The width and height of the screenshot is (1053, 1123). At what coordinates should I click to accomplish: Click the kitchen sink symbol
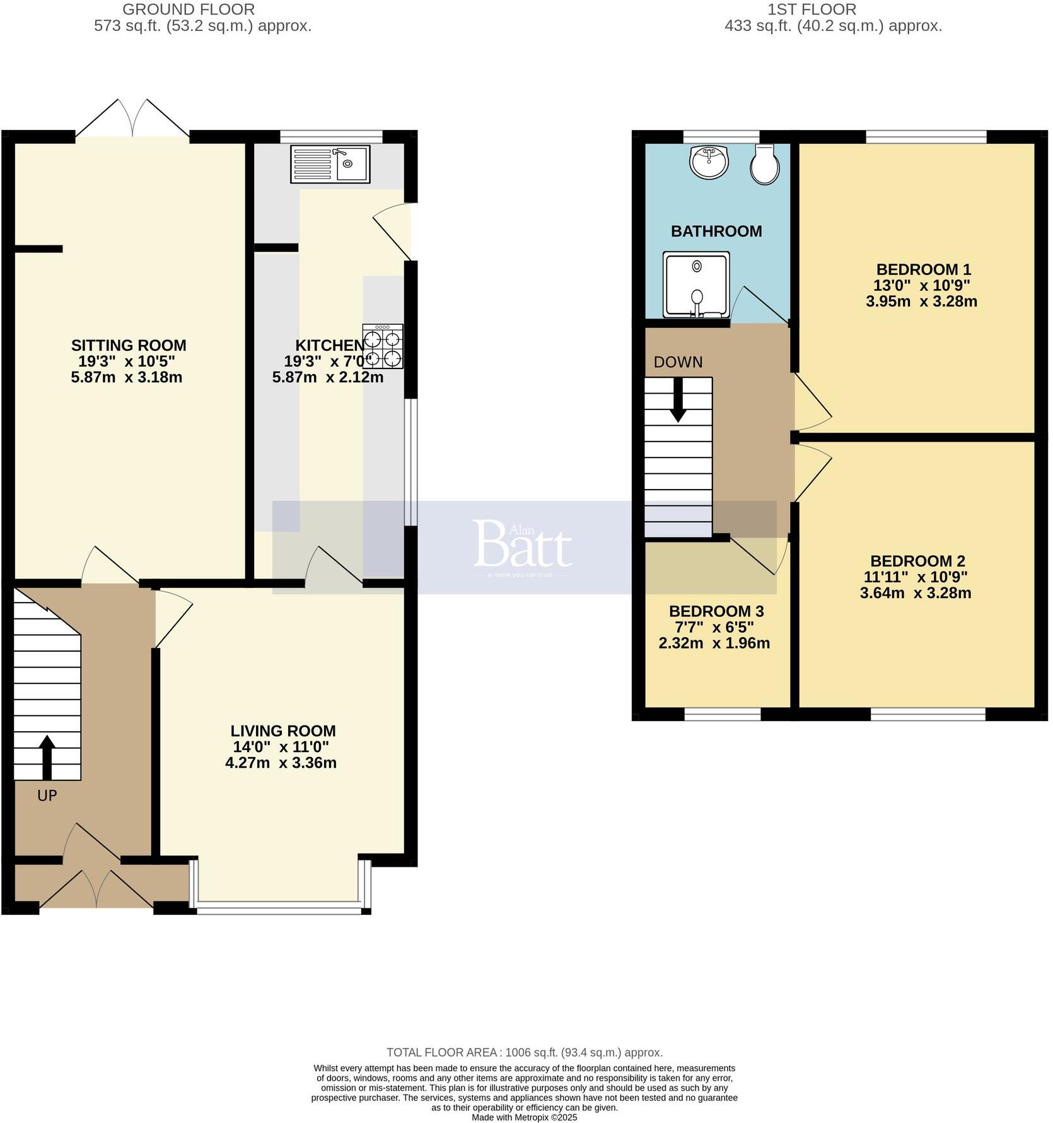[330, 164]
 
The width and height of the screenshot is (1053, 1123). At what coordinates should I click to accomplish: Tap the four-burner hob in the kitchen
[383, 346]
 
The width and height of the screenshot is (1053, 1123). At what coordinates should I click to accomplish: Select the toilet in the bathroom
[764, 164]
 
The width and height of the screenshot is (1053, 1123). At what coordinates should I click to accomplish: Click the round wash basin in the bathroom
[709, 162]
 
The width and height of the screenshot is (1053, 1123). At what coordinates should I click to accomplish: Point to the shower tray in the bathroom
[696, 285]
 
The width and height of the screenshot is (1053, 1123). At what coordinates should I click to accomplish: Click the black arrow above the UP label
[47, 757]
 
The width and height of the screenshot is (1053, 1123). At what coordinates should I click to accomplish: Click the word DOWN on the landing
[678, 362]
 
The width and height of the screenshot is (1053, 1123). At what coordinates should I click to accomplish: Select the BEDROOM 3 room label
[716, 611]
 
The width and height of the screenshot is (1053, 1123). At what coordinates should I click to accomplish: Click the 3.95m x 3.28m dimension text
[921, 302]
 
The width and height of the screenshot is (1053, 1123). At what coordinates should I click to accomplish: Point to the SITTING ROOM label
[129, 345]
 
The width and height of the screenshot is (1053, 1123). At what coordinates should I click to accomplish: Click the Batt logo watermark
[523, 544]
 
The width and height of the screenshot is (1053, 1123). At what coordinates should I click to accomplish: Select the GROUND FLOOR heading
[189, 9]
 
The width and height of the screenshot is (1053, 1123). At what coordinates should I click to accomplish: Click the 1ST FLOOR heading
[812, 9]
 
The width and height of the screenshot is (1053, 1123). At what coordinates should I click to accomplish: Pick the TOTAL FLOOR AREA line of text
[524, 1052]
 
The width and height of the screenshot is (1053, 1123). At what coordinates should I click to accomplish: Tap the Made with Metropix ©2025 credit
[524, 1117]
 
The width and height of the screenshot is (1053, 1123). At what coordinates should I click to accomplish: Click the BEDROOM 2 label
[917, 561]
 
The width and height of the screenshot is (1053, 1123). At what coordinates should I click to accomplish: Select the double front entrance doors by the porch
[96, 890]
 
